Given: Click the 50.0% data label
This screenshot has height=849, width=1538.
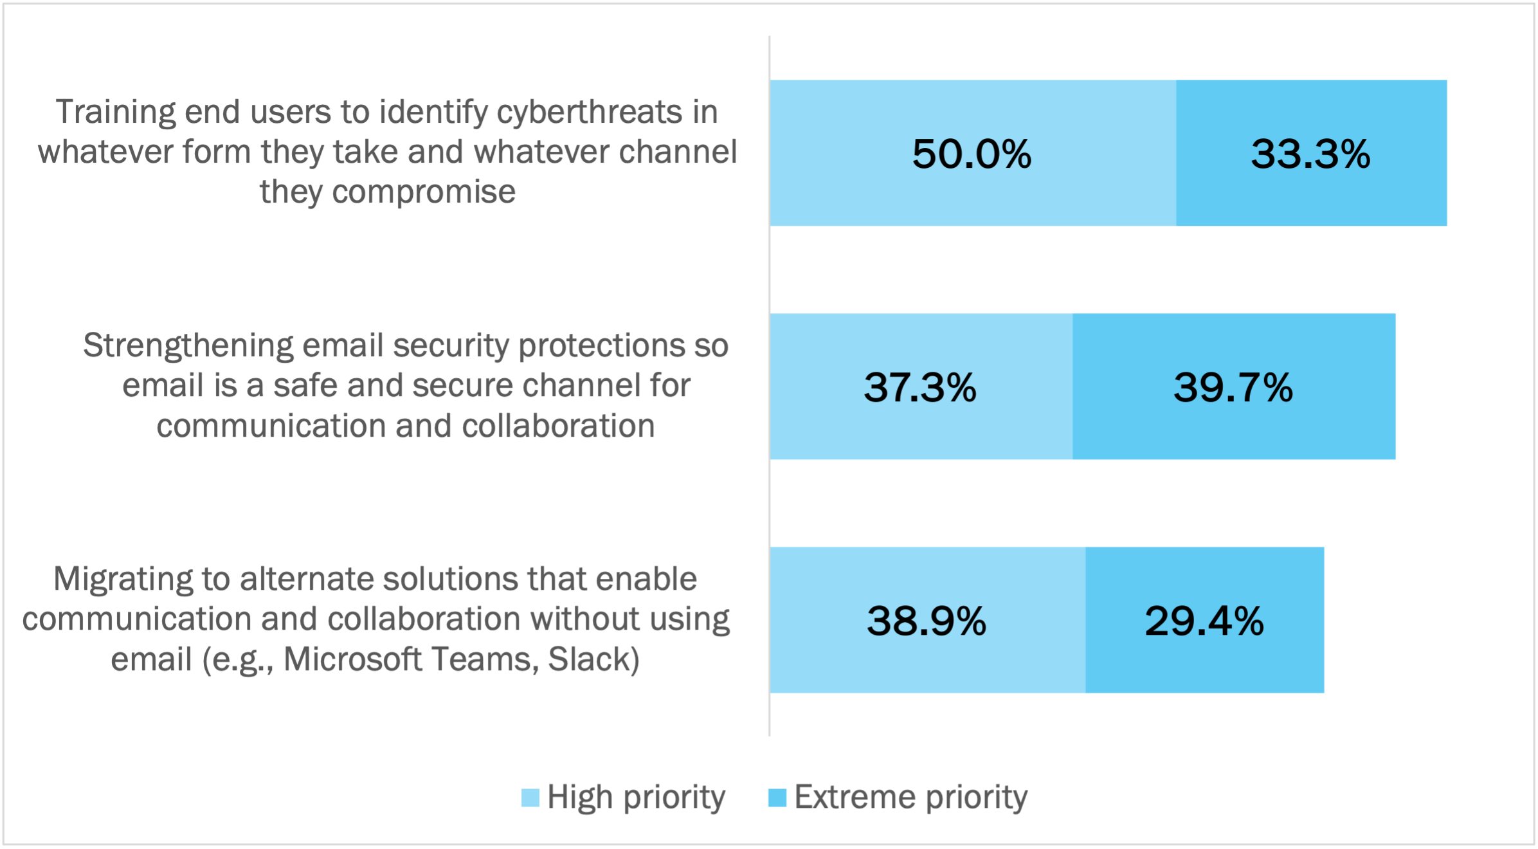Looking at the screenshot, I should pos(972,154).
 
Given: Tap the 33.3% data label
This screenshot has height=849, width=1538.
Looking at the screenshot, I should pos(1310,154).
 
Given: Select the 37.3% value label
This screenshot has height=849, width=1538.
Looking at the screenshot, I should pos(920,388).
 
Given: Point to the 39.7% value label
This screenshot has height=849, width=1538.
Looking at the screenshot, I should pos(1233,388).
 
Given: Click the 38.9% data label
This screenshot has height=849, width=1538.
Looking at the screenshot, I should pos(926,621).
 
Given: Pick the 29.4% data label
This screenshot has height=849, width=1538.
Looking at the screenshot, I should pos(1204,621).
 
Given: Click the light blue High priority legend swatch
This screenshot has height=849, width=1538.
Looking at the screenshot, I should pos(530,798).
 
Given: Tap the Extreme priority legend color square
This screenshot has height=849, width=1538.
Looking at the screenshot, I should pos(777,798).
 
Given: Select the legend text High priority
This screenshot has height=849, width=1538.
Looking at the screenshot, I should pos(636,798).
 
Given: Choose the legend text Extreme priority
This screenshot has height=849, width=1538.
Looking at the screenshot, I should pos(911,798).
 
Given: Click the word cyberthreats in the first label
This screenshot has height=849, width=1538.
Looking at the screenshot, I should pos(590,113).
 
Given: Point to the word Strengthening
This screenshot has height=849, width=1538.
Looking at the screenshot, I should pos(188,346).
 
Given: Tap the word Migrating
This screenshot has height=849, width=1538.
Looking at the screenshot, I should pos(122,579).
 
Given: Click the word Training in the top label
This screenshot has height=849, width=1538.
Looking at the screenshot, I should pos(115,113).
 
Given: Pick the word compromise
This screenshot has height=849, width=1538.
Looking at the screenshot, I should pos(424,192).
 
